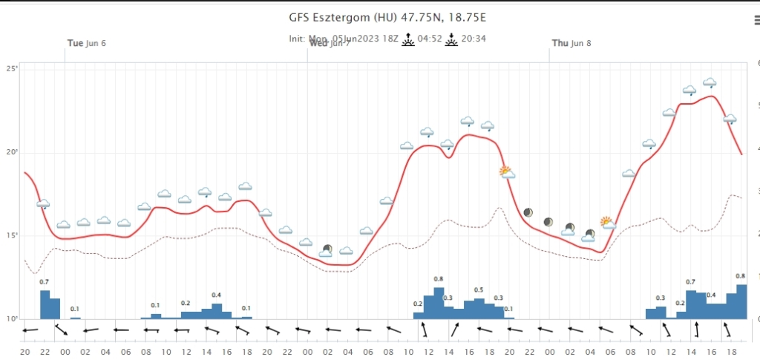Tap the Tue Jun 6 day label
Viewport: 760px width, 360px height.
point(87,43)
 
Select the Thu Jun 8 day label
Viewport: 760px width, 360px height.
point(571,43)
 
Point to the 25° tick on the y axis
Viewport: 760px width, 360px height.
point(13,69)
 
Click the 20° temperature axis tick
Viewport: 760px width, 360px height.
point(13,152)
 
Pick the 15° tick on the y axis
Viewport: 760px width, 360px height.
point(13,236)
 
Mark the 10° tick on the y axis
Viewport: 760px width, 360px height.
point(13,319)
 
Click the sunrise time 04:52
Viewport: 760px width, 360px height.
point(430,39)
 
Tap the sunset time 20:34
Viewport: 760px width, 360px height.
point(473,39)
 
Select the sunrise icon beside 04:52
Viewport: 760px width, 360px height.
point(407,39)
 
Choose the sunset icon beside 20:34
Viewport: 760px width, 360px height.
point(451,39)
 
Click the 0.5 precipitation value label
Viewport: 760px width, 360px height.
point(479,290)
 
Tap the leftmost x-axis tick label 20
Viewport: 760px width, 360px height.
point(25,351)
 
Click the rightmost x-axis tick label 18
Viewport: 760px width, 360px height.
point(732,351)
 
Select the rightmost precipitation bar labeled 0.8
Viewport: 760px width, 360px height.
point(741,301)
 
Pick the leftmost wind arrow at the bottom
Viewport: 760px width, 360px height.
point(29,330)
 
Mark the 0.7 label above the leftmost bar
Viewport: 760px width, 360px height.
point(44,282)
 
